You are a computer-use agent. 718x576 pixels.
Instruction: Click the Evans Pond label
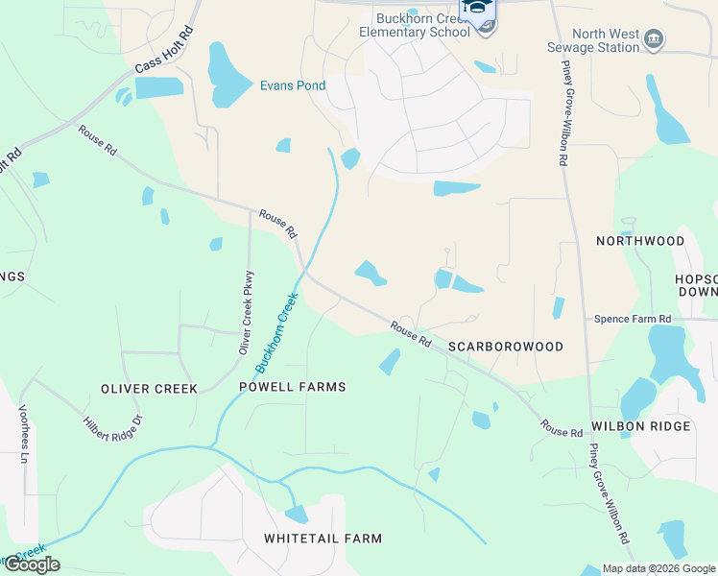(293, 86)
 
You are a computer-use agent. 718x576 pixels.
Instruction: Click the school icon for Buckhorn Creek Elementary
(486, 27)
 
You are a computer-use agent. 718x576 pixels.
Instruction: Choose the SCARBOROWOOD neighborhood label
(505, 346)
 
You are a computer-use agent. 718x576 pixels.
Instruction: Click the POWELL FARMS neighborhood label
(292, 387)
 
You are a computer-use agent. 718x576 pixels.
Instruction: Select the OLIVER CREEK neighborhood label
(149, 389)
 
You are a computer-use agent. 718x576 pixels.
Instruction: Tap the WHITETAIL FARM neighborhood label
(323, 539)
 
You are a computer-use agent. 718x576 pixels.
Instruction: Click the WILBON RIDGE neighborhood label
(640, 426)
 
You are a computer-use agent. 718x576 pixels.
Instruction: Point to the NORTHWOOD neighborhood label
(639, 241)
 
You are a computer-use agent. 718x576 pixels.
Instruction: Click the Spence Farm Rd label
(633, 319)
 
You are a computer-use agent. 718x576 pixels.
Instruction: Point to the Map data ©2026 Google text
(658, 568)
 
